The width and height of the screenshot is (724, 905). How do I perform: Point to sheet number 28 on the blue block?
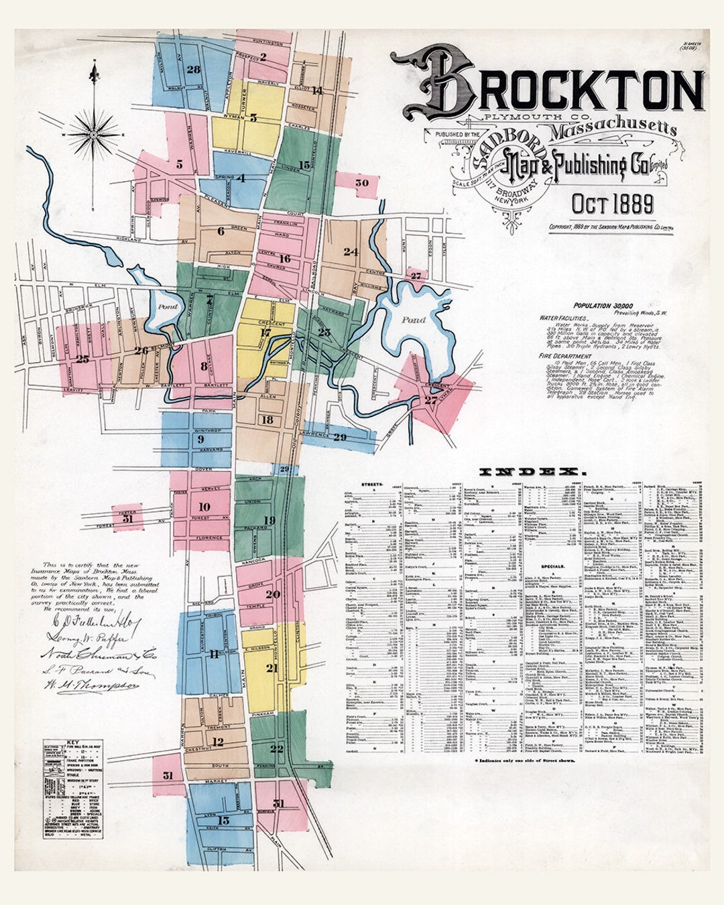click(194, 70)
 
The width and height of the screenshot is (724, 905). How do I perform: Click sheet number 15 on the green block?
click(304, 164)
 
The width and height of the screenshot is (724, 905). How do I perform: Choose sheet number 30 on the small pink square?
click(362, 182)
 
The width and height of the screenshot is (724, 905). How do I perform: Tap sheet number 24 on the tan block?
click(351, 252)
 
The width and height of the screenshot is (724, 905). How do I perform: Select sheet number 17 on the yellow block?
click(265, 333)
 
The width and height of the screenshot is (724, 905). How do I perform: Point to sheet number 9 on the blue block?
click(200, 439)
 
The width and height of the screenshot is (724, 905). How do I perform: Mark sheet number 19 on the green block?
click(269, 520)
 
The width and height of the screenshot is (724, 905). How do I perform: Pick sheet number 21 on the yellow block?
click(271, 668)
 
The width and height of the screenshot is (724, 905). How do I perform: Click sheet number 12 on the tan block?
click(218, 742)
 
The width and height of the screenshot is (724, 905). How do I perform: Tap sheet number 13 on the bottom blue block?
click(223, 820)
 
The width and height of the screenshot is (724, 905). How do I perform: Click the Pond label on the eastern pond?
click(414, 320)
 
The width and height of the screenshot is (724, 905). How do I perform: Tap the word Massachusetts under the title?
click(613, 129)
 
